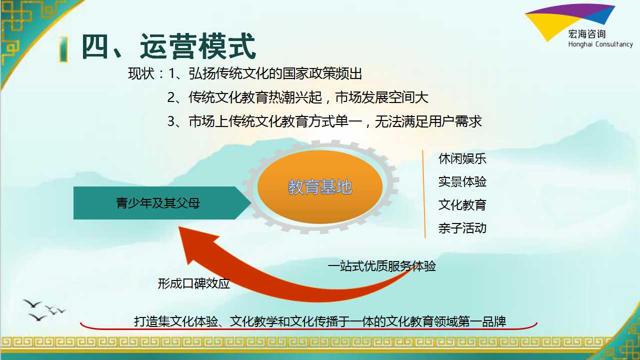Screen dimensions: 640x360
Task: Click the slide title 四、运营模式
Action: [168, 46]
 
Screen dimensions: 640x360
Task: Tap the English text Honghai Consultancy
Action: [600, 44]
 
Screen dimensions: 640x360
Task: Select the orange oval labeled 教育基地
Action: [320, 187]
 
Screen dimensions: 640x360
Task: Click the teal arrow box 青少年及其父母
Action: [162, 203]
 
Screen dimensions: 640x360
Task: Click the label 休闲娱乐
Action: [462, 159]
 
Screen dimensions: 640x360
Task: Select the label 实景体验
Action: [462, 181]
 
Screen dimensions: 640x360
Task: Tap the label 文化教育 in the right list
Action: [462, 205]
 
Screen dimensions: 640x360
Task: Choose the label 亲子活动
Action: [462, 228]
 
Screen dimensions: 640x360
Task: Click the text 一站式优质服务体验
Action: [381, 266]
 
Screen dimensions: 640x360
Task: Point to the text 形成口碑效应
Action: [193, 283]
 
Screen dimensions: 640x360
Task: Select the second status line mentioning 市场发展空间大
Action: [297, 97]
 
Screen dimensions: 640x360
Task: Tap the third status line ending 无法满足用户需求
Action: [324, 121]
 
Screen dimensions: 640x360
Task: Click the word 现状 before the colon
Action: [141, 73]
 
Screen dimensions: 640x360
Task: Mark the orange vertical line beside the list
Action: [424, 194]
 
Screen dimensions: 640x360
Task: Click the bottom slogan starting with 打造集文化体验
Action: [320, 321]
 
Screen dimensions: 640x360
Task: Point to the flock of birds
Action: [44, 310]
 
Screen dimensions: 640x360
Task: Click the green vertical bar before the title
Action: [63, 48]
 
